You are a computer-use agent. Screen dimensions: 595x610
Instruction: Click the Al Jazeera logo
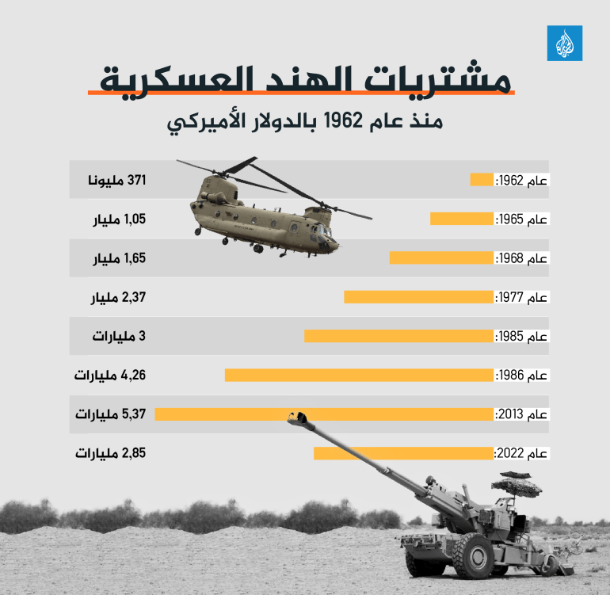(x=564, y=43)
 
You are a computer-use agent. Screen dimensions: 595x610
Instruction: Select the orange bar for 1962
(x=482, y=180)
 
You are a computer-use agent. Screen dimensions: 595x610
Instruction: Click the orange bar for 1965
(x=462, y=219)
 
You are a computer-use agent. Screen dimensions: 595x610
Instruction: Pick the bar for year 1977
(x=418, y=297)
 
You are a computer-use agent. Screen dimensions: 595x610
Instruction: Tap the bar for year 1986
(x=359, y=375)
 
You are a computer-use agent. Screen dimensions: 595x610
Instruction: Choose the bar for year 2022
(x=403, y=453)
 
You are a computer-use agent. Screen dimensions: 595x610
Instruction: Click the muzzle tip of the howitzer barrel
(x=298, y=415)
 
